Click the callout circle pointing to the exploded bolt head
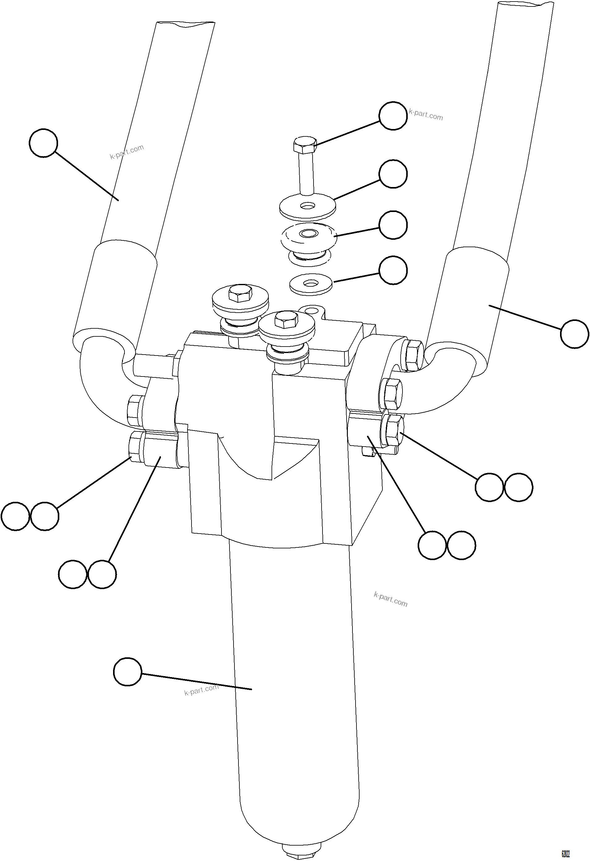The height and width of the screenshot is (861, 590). (393, 116)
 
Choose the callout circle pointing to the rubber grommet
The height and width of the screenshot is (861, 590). (393, 225)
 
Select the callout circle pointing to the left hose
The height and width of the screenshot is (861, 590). (43, 143)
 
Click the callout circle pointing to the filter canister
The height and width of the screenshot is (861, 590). (128, 672)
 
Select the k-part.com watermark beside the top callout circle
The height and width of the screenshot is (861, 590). (426, 115)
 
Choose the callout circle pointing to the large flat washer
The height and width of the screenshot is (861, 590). (393, 174)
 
